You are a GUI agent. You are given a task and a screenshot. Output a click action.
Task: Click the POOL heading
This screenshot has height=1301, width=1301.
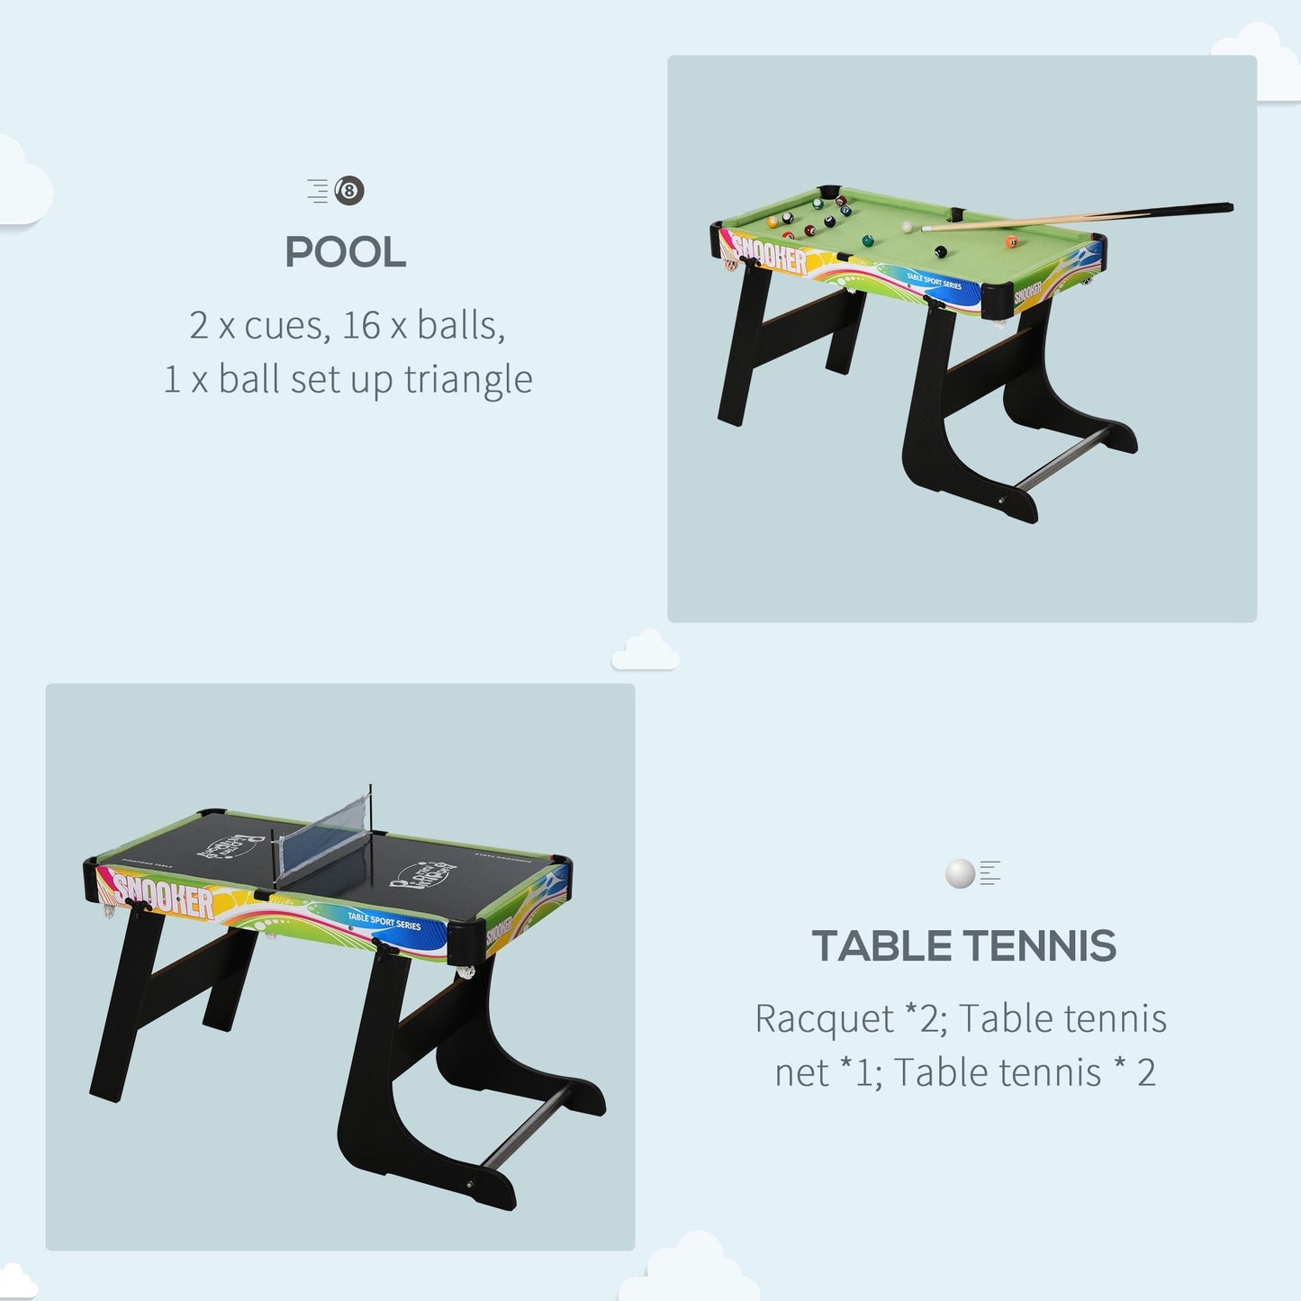click(x=346, y=253)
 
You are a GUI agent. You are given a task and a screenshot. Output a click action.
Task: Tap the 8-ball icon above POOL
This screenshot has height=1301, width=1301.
click(x=349, y=191)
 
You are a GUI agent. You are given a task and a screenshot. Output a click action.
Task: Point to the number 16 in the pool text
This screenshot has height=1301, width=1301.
click(x=361, y=325)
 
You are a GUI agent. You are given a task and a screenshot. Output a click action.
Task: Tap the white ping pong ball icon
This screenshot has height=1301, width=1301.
click(x=960, y=873)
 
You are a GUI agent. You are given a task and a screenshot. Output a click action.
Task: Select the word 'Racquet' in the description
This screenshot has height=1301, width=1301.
click(x=824, y=1019)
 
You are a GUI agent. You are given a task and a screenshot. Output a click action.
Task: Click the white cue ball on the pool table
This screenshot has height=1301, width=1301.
click(x=908, y=227)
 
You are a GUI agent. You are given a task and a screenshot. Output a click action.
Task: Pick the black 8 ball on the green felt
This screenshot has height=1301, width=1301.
click(x=940, y=252)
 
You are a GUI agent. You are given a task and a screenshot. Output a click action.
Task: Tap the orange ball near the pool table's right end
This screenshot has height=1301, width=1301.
click(x=1011, y=241)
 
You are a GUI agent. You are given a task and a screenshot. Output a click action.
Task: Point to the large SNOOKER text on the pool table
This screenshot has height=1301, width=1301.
click(x=770, y=254)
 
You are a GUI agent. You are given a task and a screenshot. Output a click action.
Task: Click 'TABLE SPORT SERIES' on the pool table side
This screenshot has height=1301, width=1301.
click(x=934, y=283)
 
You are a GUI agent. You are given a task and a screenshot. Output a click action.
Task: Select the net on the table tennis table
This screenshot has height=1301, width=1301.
click(x=324, y=839)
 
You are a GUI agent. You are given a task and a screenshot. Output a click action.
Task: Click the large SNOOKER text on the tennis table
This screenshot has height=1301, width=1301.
click(x=163, y=895)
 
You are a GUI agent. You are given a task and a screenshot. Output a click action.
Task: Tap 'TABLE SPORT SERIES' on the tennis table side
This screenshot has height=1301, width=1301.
click(x=384, y=921)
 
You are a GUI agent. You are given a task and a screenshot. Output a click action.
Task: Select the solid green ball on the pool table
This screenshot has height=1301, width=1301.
click(x=868, y=240)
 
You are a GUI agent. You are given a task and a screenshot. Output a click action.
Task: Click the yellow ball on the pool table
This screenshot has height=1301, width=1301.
click(x=772, y=221)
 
